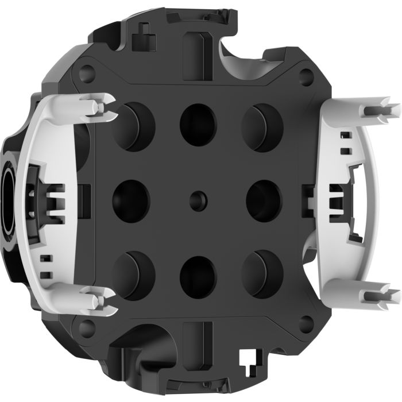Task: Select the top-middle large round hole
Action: [198, 125]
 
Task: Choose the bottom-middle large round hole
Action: [198, 273]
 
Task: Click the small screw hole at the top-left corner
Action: [87, 74]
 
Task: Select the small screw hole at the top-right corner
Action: [307, 74]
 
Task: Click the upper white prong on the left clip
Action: [95, 107]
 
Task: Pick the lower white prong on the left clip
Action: [95, 296]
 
